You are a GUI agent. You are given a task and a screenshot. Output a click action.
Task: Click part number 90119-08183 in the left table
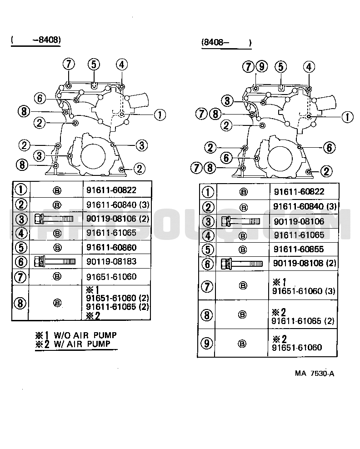click(111, 261)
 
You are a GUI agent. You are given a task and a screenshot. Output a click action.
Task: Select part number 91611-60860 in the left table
click(111, 247)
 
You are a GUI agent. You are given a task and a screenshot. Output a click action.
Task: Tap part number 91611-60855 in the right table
click(299, 249)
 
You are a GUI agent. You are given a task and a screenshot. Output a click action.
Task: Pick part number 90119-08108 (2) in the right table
click(305, 263)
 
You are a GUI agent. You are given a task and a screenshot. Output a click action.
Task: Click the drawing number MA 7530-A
click(315, 374)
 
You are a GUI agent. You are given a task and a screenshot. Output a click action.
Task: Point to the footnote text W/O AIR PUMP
click(85, 335)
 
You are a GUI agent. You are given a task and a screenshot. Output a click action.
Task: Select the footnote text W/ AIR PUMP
click(82, 344)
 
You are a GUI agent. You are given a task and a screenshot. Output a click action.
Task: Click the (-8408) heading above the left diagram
click(36, 40)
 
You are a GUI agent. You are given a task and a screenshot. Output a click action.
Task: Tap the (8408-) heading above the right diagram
click(226, 42)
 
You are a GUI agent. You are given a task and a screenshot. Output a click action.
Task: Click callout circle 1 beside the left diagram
click(160, 115)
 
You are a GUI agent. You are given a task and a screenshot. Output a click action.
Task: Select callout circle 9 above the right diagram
click(261, 66)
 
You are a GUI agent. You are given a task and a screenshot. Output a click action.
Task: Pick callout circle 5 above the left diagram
click(94, 65)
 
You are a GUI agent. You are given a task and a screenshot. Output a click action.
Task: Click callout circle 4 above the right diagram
click(309, 67)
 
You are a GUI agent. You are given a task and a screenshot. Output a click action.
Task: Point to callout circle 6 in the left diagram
click(40, 98)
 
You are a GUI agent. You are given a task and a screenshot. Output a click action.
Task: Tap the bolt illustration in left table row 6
click(55, 261)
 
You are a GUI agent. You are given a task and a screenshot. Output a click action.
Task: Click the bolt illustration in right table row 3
click(240, 221)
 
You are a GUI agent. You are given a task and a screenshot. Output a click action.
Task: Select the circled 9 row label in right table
click(206, 343)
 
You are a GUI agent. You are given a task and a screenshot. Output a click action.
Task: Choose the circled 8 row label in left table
click(20, 303)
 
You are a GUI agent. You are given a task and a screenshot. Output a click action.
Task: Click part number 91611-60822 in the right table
click(299, 192)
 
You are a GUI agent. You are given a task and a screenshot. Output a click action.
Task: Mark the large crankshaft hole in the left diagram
click(93, 156)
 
